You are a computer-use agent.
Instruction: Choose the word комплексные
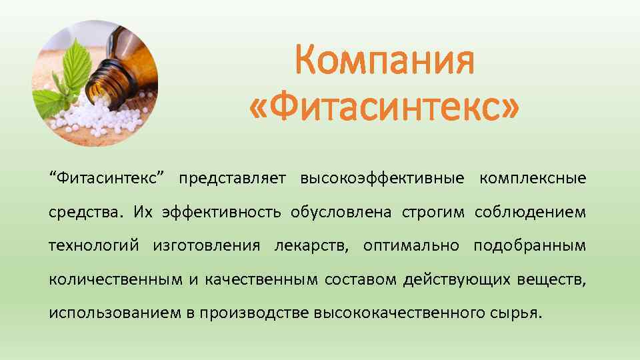coord(533,179)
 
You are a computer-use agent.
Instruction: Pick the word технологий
coord(93,246)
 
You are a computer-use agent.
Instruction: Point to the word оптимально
coord(411,246)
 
